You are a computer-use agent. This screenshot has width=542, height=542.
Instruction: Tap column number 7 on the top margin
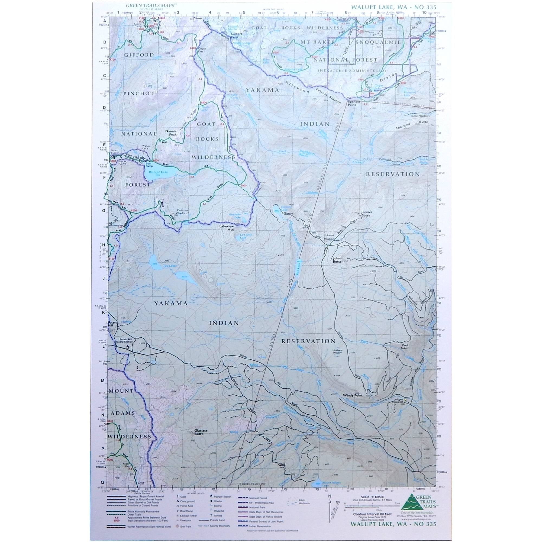[x=312, y=12]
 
